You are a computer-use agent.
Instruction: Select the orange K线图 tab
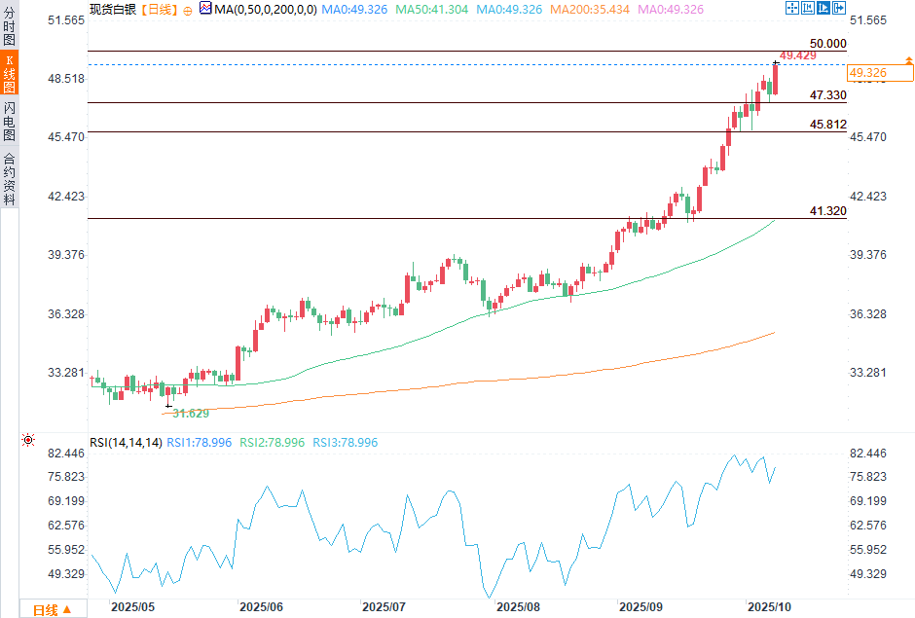click(9, 74)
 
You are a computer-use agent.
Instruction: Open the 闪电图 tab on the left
click(9, 122)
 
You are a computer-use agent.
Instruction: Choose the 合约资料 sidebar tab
click(9, 178)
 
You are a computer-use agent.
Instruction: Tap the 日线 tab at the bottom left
click(45, 610)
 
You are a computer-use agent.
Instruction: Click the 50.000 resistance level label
click(827, 44)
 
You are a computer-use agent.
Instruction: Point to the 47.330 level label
click(827, 95)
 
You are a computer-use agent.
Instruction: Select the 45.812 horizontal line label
click(827, 125)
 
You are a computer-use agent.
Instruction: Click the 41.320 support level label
click(827, 211)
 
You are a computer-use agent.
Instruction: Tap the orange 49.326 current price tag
click(867, 72)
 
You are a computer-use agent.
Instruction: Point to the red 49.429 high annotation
click(797, 55)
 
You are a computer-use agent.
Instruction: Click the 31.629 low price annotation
click(191, 414)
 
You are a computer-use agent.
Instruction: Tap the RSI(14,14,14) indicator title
click(125, 443)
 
